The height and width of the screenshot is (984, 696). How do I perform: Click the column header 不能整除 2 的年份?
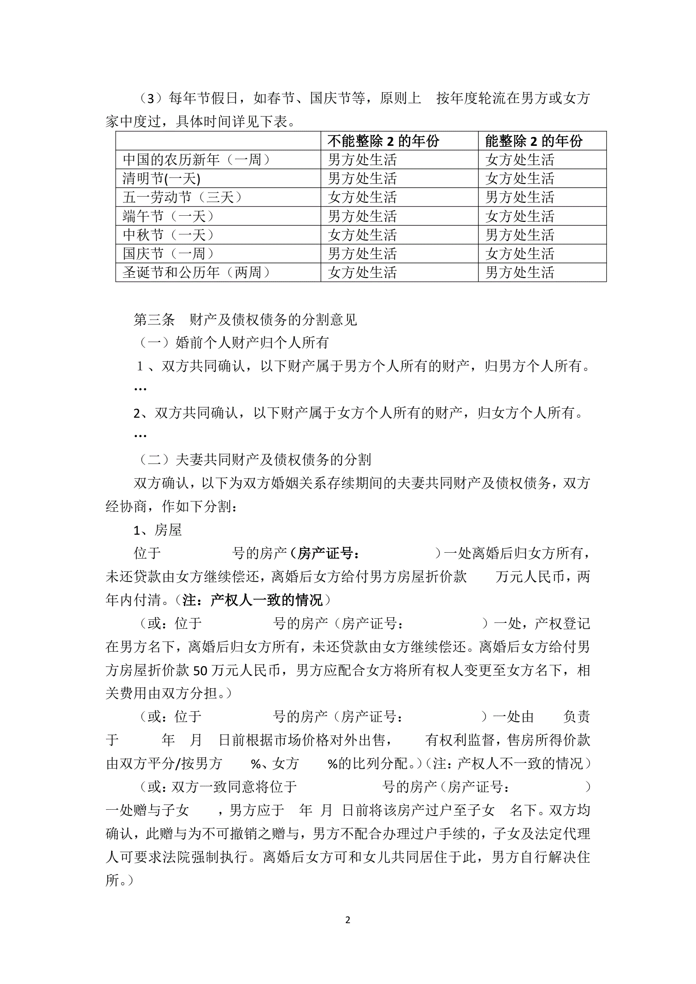[x=383, y=141]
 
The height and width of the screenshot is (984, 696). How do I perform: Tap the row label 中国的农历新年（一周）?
[x=197, y=160]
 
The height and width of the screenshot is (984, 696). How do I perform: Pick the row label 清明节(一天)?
[x=161, y=179]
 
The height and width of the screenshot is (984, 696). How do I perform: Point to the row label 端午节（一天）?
[x=168, y=216]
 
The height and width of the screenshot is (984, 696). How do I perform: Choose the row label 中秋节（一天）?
[x=168, y=235]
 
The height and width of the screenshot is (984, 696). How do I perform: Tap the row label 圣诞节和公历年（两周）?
[x=197, y=273]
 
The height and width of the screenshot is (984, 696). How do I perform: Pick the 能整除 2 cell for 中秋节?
[x=520, y=235]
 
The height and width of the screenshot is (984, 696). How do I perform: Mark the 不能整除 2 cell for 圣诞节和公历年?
[x=363, y=273]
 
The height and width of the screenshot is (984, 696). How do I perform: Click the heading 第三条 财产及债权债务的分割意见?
[x=245, y=320]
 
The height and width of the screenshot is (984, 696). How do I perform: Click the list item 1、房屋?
[x=158, y=530]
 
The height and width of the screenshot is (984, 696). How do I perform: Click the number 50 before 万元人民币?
[x=200, y=671]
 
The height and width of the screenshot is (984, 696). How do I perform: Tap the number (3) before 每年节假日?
[x=151, y=99]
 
